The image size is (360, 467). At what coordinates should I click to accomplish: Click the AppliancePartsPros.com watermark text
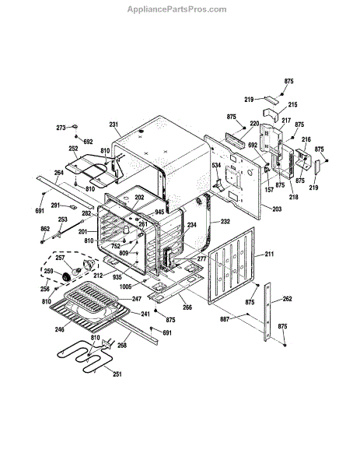pyautogui.click(x=177, y=9)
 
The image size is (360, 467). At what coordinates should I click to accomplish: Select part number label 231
pyautogui.click(x=114, y=125)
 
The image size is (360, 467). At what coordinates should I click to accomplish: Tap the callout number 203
pyautogui.click(x=277, y=209)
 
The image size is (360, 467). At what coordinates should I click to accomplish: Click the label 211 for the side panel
pyautogui.click(x=269, y=254)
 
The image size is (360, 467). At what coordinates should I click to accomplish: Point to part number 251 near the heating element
pyautogui.click(x=117, y=374)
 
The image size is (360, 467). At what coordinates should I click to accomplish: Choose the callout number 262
pyautogui.click(x=288, y=299)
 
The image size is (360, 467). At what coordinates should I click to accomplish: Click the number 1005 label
pyautogui.click(x=125, y=286)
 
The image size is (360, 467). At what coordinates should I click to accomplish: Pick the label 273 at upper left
pyautogui.click(x=61, y=128)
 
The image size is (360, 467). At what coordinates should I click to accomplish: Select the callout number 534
pyautogui.click(x=216, y=165)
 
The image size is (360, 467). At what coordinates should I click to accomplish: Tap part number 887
pyautogui.click(x=225, y=319)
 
